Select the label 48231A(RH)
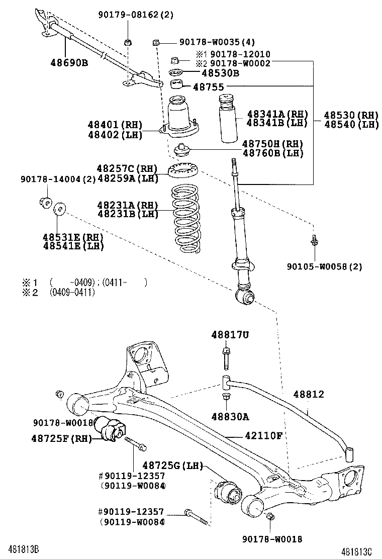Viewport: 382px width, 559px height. coord(128,205)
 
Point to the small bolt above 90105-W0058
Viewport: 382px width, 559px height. coord(314,241)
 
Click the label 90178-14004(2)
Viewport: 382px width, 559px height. coord(58,179)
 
